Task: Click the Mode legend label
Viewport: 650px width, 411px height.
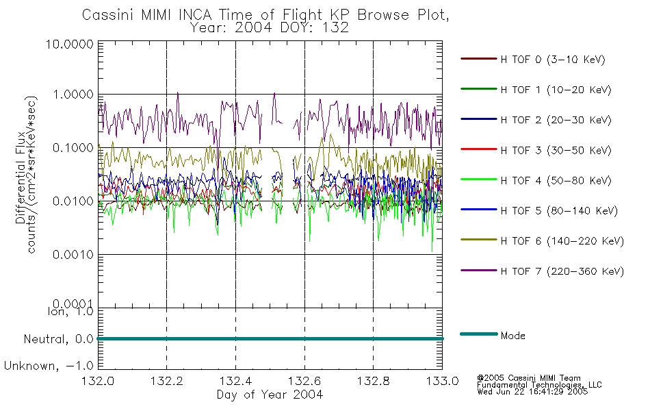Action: [x=513, y=336]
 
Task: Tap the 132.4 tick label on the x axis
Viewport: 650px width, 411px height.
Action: [x=235, y=381]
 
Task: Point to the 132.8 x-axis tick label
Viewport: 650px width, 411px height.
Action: [x=373, y=381]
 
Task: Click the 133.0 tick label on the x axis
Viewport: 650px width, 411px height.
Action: [x=442, y=381]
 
